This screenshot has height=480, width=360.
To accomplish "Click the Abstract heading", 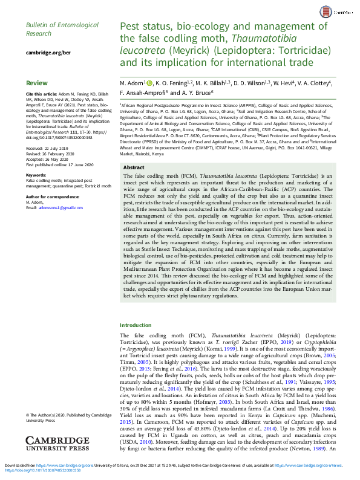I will (134, 167).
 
